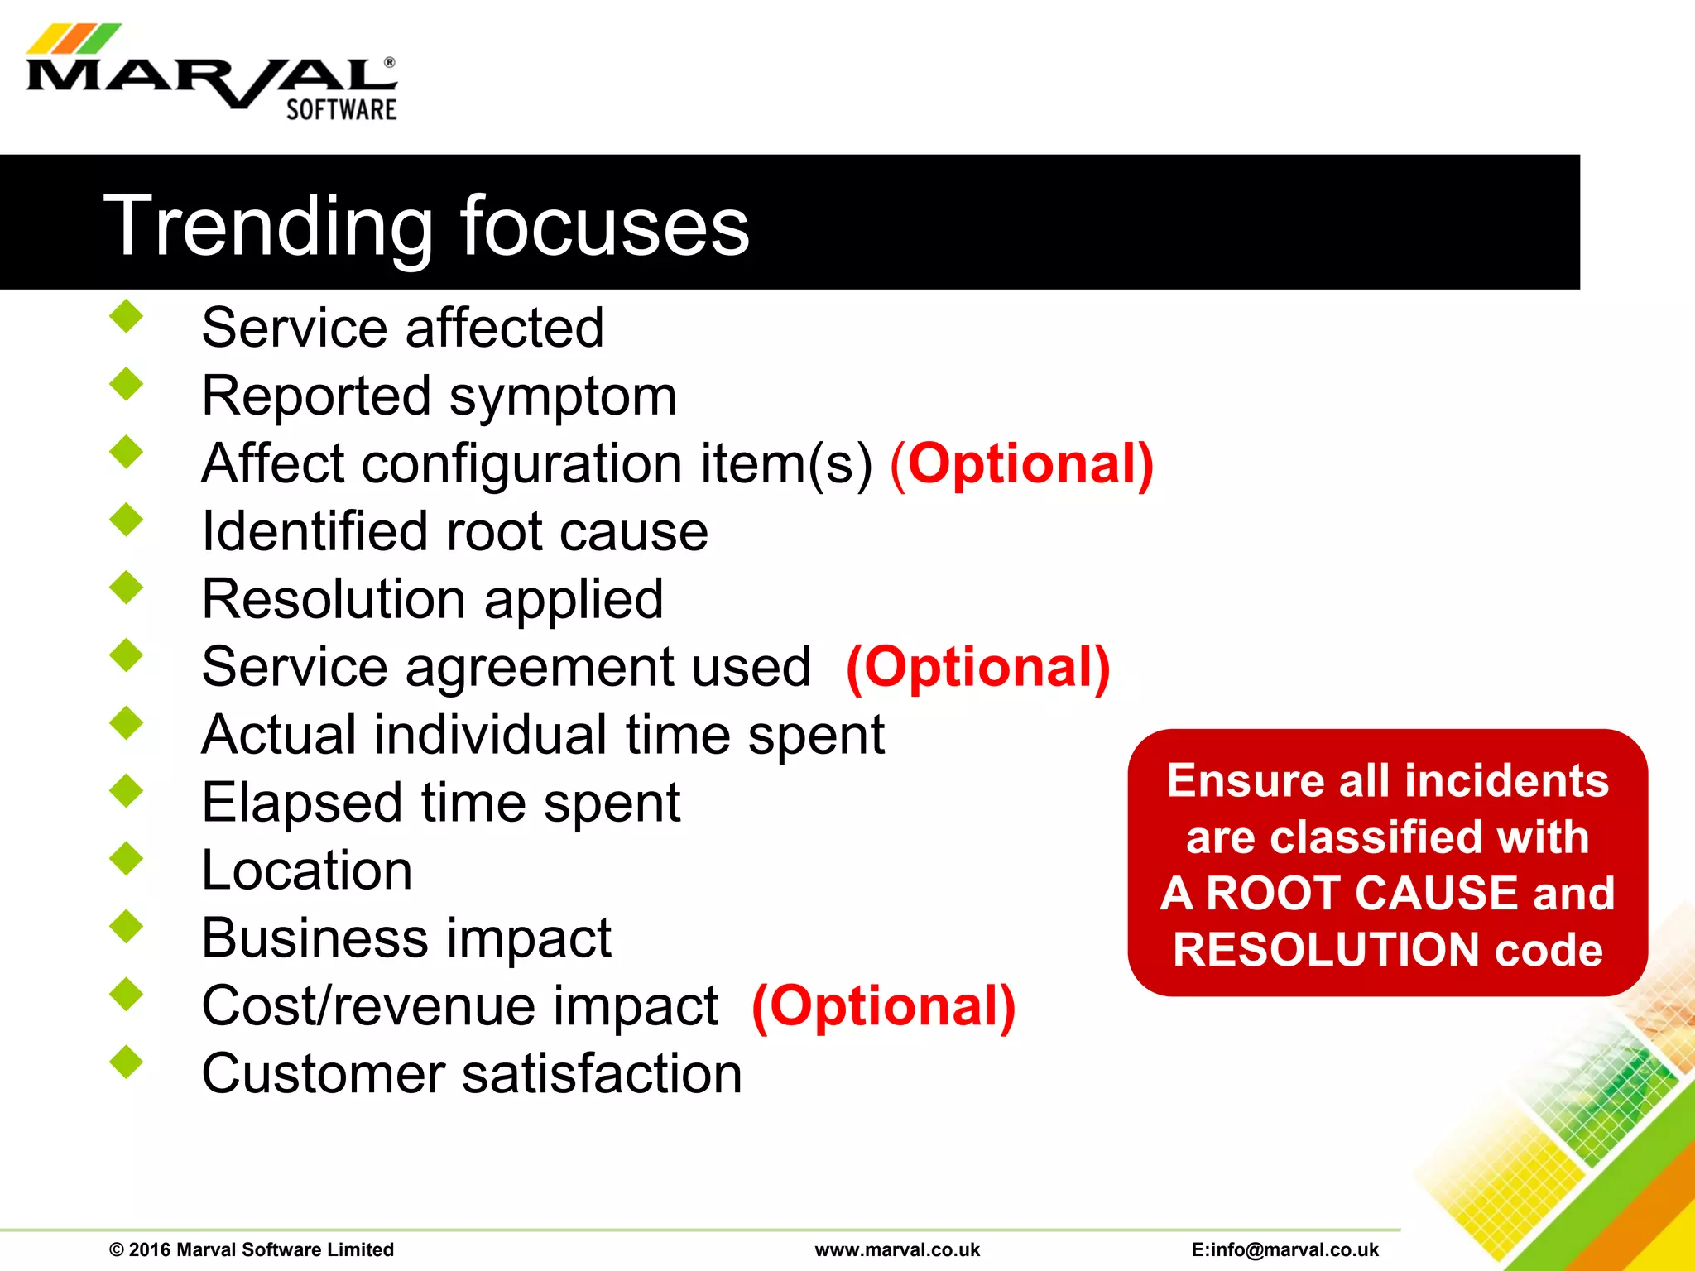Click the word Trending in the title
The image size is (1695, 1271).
coord(267,226)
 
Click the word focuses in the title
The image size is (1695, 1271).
coord(604,226)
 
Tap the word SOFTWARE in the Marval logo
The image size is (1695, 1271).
coord(341,110)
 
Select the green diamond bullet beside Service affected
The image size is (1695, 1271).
coord(127,317)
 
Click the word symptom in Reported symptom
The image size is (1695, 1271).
coord(563,396)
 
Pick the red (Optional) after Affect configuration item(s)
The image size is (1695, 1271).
coord(1021,463)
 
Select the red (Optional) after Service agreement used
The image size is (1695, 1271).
coord(977,667)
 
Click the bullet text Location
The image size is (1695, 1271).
coord(307,871)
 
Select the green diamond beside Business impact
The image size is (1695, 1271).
coord(127,926)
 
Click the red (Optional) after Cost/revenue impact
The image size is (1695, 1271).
coord(883,1006)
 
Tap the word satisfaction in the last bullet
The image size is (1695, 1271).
coord(601,1074)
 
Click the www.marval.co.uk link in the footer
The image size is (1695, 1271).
coord(897,1249)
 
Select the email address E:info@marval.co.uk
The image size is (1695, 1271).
coord(1284,1249)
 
